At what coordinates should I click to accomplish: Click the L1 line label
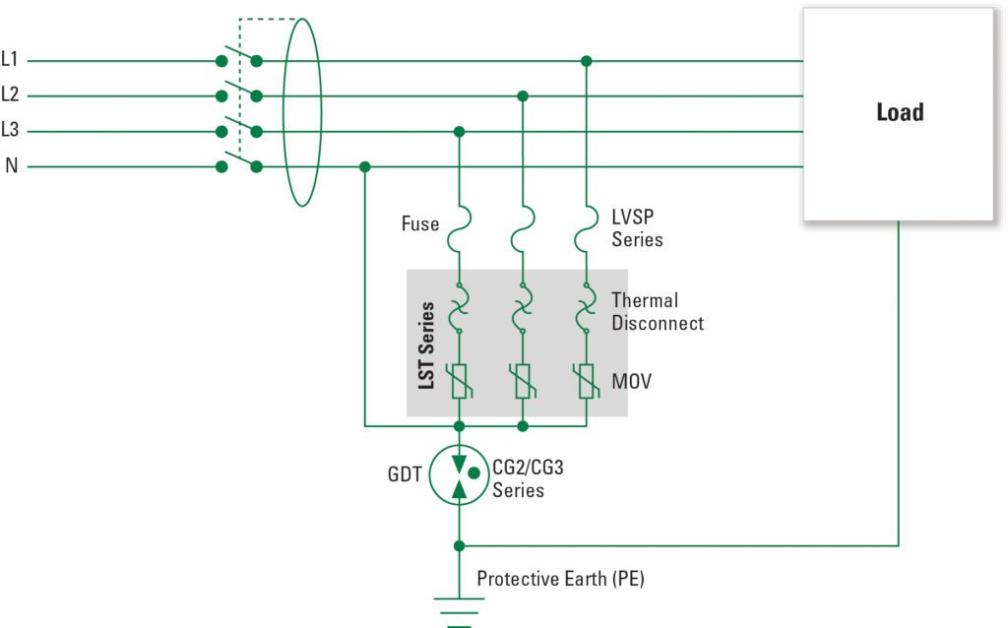(x=10, y=59)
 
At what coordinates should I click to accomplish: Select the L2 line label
(x=10, y=94)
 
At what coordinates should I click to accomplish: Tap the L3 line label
(x=10, y=130)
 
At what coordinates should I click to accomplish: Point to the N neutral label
(x=11, y=165)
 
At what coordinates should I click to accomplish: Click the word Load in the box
(x=900, y=112)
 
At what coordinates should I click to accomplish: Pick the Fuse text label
(x=419, y=223)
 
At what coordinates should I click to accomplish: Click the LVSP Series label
(x=637, y=228)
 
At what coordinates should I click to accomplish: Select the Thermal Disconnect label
(x=657, y=312)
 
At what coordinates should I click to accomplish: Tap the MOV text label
(x=631, y=382)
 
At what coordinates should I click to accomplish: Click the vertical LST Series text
(x=426, y=345)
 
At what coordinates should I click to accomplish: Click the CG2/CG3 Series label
(x=528, y=478)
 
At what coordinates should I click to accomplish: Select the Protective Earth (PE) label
(x=560, y=579)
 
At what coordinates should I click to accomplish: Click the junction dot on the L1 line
(x=586, y=61)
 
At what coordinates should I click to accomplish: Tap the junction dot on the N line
(x=365, y=167)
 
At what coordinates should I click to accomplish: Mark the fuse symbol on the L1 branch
(x=586, y=228)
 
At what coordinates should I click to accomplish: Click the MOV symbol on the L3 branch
(x=459, y=382)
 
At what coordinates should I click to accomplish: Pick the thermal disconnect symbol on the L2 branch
(x=523, y=308)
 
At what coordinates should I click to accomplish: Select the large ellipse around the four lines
(x=283, y=112)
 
